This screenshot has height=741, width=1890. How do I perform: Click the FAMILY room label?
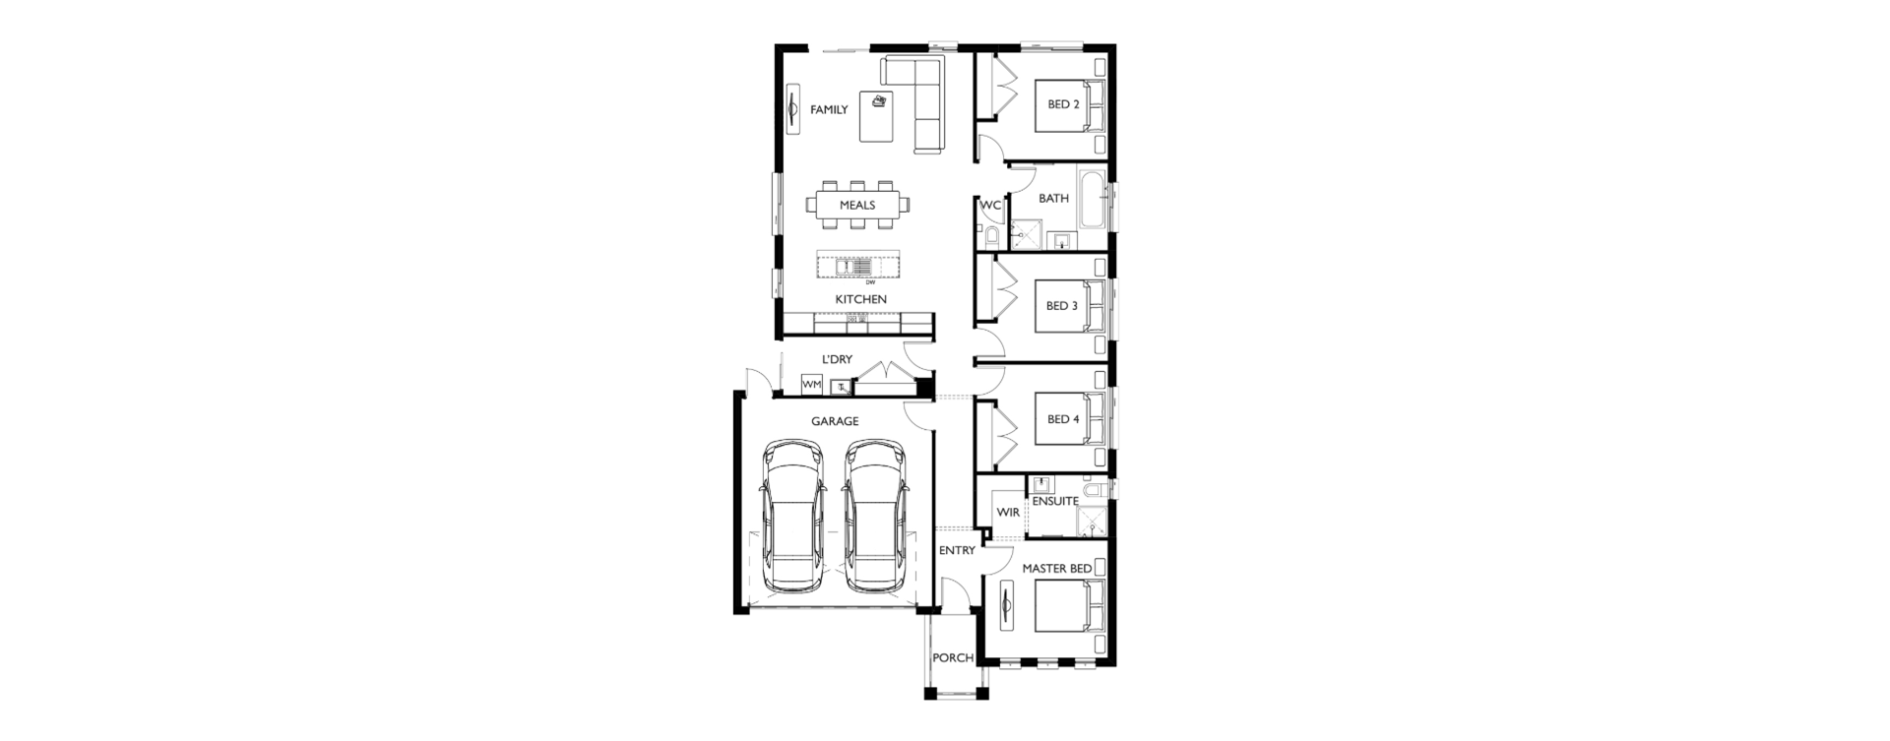point(829,110)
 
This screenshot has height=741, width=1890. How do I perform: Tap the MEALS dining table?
point(857,206)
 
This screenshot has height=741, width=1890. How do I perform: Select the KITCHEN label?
point(861,299)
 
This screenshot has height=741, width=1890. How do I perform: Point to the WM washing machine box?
point(812,385)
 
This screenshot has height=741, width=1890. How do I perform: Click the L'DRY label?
point(837,360)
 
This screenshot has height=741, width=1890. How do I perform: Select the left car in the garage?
point(793,516)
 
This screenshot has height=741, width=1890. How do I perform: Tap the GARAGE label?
point(835,421)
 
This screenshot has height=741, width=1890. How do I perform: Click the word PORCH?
point(953,658)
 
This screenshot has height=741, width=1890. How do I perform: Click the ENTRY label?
point(957,551)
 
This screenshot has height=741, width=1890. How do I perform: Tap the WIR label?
point(1008,513)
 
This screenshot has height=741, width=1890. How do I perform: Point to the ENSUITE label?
point(1055,501)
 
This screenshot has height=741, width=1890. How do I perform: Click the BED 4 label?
point(1062,419)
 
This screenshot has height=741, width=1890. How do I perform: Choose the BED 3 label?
point(1062,306)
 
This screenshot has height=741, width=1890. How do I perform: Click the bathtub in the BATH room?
point(1093,202)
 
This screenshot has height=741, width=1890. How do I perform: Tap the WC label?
point(990,206)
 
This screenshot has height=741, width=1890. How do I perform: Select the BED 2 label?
point(1063,104)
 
